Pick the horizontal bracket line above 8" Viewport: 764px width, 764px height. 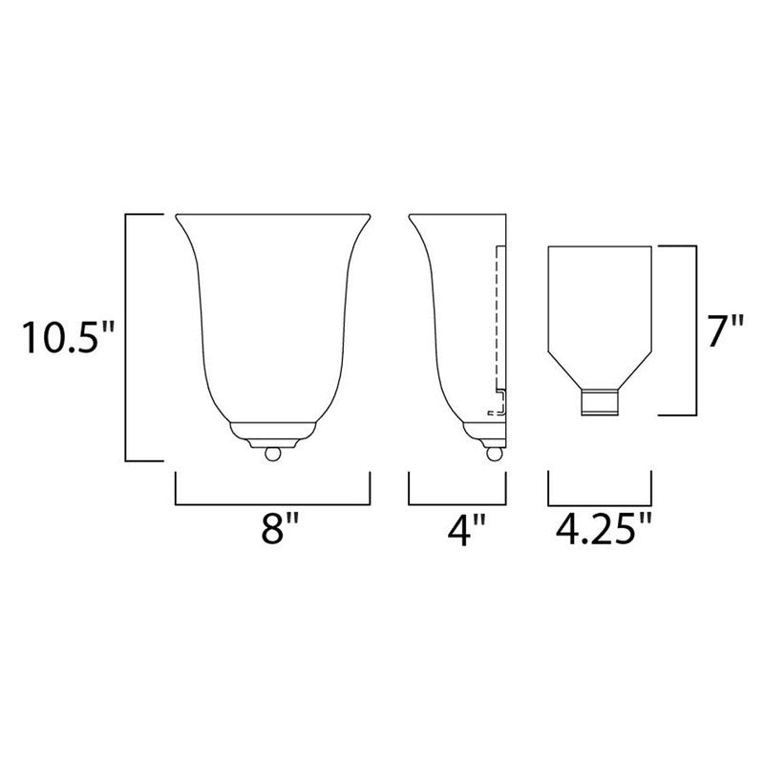click(273, 503)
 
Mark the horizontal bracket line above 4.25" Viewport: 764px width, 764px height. click(601, 503)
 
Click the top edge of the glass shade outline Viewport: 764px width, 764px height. click(601, 246)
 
